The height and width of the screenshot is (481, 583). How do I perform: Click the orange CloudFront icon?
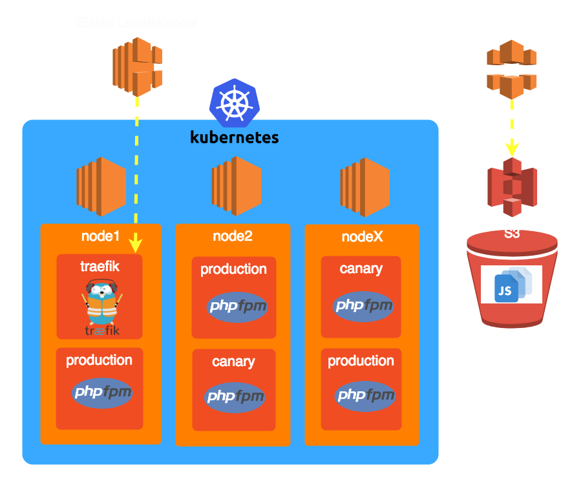coord(511,68)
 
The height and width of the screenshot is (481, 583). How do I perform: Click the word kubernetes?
coord(234,137)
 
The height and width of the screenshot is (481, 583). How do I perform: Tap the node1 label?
coord(101,236)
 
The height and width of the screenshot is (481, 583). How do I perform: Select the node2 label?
coord(232,236)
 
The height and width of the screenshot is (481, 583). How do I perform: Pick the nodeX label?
coord(362,237)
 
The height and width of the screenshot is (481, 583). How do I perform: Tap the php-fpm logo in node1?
coord(102,392)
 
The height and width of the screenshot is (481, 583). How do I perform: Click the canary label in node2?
coord(233,362)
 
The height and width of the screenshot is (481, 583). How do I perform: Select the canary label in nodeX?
coord(361,269)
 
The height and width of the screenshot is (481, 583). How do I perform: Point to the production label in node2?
coord(233,269)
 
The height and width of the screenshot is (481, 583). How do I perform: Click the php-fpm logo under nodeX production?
coord(364,394)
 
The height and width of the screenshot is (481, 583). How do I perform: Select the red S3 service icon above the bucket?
coord(512,188)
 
